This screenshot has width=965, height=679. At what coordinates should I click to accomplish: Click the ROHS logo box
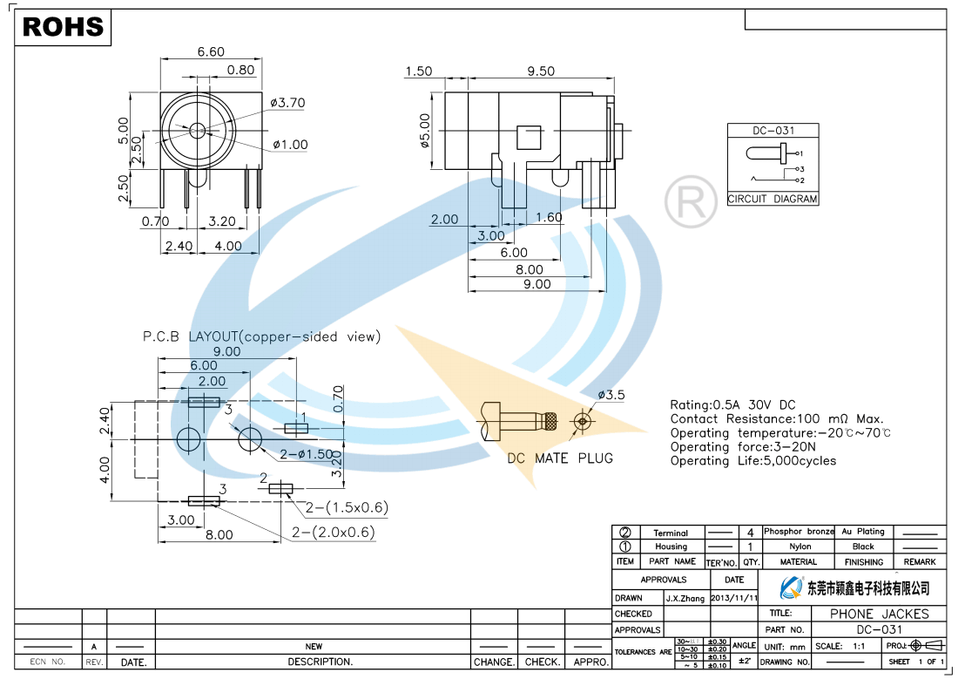(63, 27)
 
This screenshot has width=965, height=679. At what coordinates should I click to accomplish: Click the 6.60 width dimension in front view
(211, 52)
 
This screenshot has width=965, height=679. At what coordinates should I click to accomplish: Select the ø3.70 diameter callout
(287, 103)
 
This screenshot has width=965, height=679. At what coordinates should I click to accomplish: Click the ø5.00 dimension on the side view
(425, 130)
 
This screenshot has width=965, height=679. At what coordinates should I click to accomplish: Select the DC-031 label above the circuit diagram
(773, 131)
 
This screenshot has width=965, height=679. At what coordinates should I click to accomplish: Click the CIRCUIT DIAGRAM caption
(773, 199)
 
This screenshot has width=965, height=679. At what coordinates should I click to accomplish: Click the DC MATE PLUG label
(560, 458)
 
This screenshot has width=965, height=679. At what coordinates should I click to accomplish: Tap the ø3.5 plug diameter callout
(611, 395)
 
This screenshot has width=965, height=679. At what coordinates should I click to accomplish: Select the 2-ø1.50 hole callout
(307, 454)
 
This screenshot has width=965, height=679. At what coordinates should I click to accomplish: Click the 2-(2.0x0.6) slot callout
(333, 533)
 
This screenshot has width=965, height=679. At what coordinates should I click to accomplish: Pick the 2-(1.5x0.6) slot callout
(346, 507)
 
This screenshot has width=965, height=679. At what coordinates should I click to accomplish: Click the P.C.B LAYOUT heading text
(261, 336)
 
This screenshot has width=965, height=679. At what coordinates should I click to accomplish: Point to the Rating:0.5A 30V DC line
(732, 405)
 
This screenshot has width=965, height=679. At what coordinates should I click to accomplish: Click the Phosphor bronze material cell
(799, 531)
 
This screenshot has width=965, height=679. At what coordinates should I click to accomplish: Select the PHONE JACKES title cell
(879, 614)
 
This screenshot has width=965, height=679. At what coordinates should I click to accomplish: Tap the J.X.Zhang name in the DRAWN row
(685, 599)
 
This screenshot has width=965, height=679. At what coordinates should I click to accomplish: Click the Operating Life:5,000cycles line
(752, 461)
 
